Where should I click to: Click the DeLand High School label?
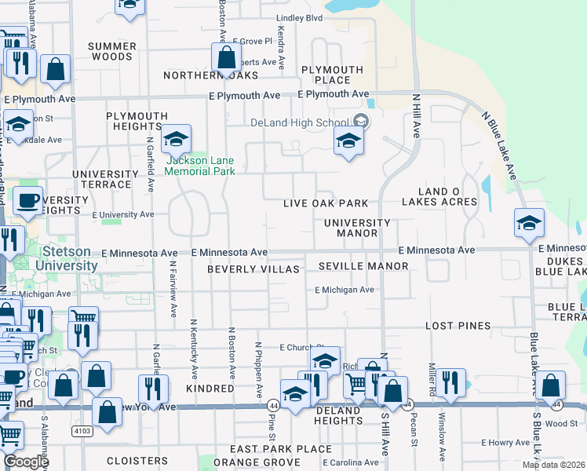(300, 122)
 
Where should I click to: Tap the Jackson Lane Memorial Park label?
(200, 166)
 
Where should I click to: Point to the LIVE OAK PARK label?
(326, 203)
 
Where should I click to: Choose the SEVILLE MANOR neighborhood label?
(363, 266)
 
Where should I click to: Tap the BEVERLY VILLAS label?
(253, 269)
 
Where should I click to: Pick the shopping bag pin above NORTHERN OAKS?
(226, 58)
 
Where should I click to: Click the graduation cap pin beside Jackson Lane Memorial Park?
(177, 139)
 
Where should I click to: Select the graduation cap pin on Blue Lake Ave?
(529, 224)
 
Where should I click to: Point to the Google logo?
(25, 462)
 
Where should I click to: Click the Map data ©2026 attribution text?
(553, 465)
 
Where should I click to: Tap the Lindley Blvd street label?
(300, 18)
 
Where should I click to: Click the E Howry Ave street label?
(509, 444)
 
